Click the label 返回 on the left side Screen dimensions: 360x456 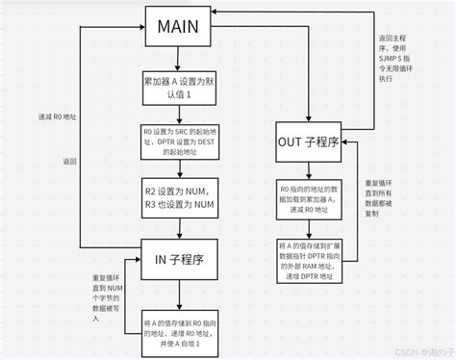(69, 161)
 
